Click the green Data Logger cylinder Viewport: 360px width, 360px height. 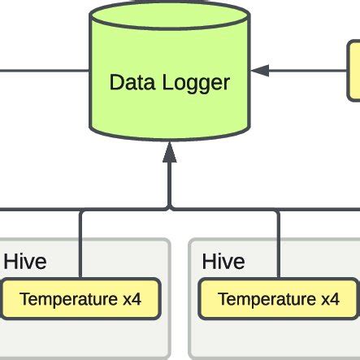tap(169, 106)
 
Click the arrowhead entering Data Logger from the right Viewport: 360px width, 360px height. tap(258, 71)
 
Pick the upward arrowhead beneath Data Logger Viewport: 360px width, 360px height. tap(169, 150)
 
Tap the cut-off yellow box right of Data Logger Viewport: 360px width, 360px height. tap(354, 71)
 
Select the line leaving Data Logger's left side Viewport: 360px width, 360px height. tap(45, 70)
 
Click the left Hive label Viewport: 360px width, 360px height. tap(25, 262)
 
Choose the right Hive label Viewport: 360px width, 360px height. tap(223, 262)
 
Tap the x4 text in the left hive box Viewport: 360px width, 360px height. tap(132, 299)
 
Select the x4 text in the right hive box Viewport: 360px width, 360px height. tap(330, 299)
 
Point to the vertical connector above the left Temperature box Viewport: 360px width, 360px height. tap(81, 244)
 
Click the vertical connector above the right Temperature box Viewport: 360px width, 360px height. tap(280, 244)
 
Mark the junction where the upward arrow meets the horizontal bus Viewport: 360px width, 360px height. tap(169, 209)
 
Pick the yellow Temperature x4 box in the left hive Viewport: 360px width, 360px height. tap(80, 299)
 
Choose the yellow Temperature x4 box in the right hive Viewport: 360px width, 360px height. tap(279, 299)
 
